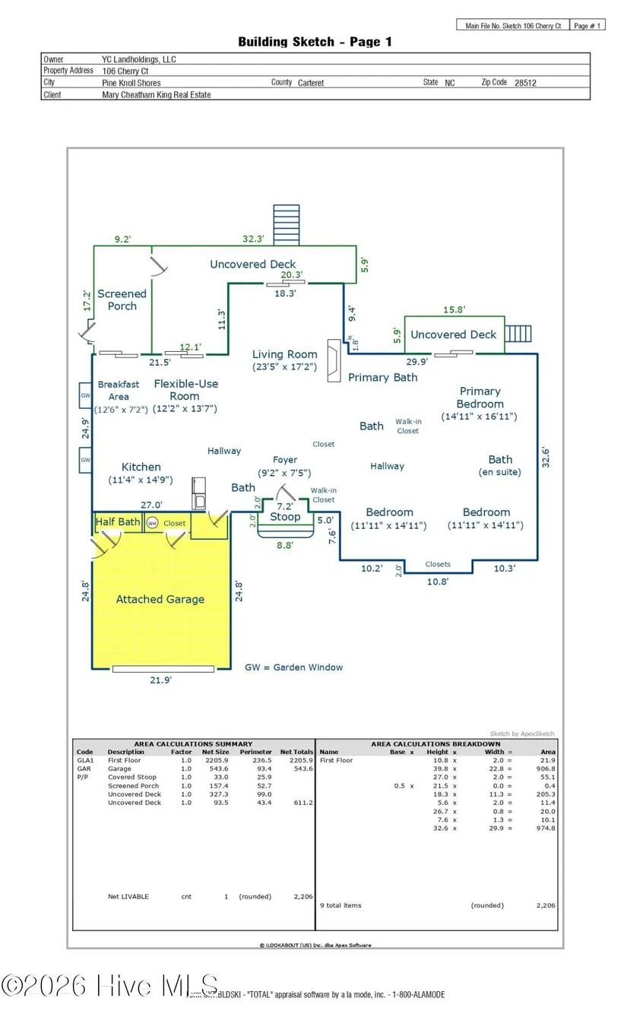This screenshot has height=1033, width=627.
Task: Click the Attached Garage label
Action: pyautogui.click(x=160, y=599)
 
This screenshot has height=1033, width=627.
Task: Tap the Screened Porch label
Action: pyautogui.click(x=122, y=299)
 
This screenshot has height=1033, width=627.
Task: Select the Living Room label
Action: pyautogui.click(x=285, y=354)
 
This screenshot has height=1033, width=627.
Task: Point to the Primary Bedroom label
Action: pyautogui.click(x=480, y=398)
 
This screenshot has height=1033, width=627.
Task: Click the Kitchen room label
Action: pyautogui.click(x=141, y=467)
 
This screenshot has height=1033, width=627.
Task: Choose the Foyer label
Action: pyautogui.click(x=285, y=460)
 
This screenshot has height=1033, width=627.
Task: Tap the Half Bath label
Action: pyautogui.click(x=118, y=522)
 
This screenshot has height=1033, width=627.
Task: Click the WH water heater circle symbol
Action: pyautogui.click(x=152, y=523)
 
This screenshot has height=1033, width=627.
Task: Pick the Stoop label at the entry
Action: pyautogui.click(x=285, y=517)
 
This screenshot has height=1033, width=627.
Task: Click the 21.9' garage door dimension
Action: pyautogui.click(x=160, y=680)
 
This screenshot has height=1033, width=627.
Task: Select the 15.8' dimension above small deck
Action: pyautogui.click(x=453, y=309)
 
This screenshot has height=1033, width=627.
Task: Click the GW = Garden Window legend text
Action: pyautogui.click(x=293, y=667)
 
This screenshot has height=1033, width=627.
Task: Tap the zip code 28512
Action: pyautogui.click(x=525, y=83)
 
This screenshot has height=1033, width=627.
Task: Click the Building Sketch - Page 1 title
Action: pyautogui.click(x=315, y=43)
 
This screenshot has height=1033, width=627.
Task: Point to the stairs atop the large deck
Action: pyautogui.click(x=286, y=224)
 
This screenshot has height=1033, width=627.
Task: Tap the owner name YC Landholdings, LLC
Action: pyautogui.click(x=139, y=59)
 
